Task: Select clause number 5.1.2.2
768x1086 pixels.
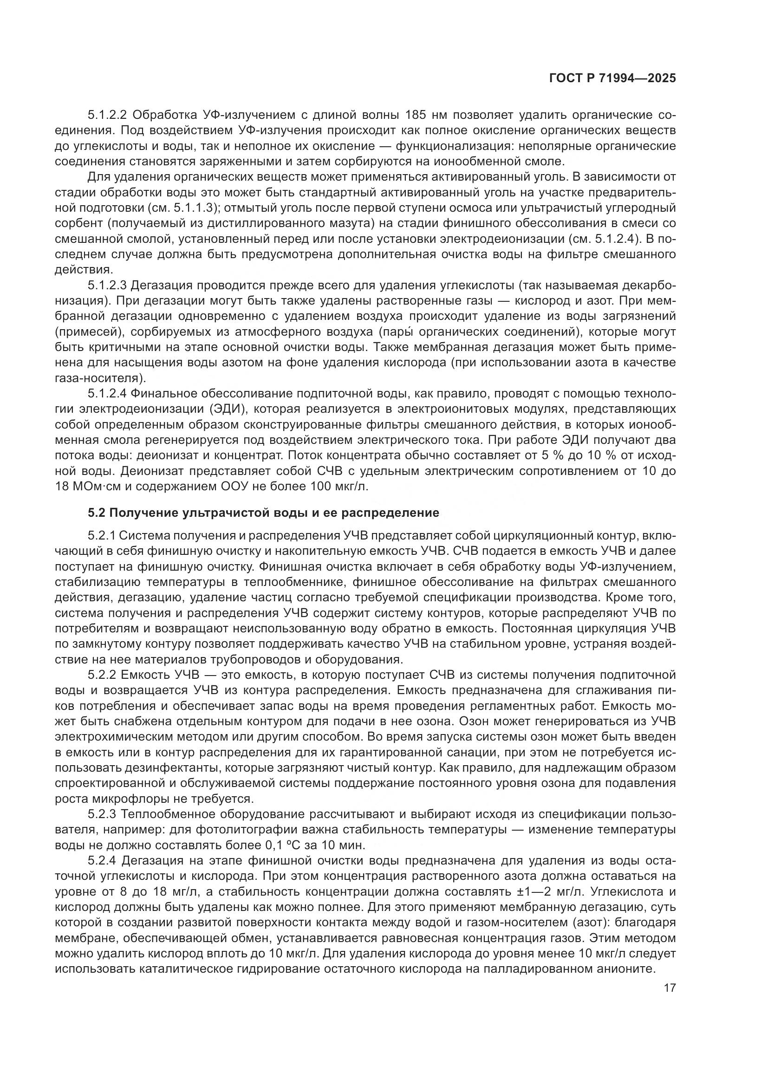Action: click(x=109, y=115)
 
